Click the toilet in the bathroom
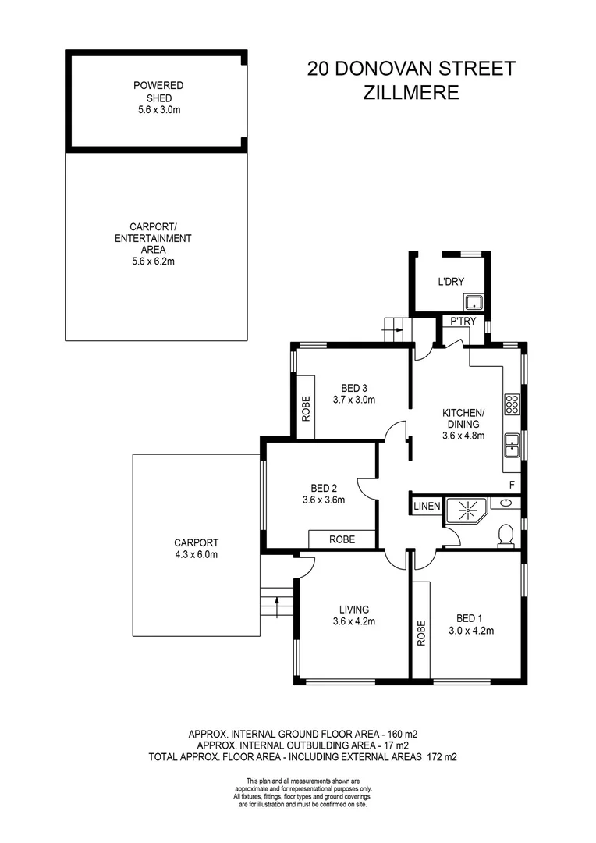[506, 535]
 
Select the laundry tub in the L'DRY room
[473, 302]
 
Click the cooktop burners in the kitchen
[513, 404]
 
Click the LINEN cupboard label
[427, 507]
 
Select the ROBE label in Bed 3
[307, 409]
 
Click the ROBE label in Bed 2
[342, 539]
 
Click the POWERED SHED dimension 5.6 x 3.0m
[154, 111]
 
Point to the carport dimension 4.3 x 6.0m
[196, 555]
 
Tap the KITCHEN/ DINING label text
[463, 418]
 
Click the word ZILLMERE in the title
[411, 92]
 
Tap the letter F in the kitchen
[512, 485]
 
